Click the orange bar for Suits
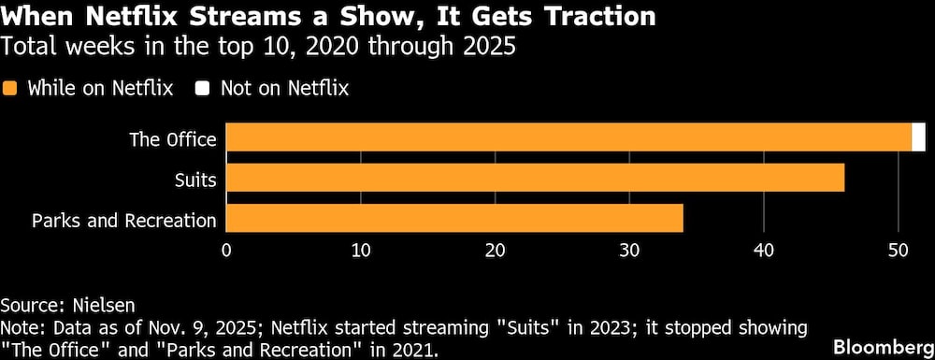pyautogui.click(x=535, y=178)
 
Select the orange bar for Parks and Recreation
pyautogui.click(x=454, y=219)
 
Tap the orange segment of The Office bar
pyautogui.click(x=568, y=137)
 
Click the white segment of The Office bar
pyautogui.click(x=919, y=137)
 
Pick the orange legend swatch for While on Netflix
pyautogui.click(x=11, y=89)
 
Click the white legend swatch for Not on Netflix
pyautogui.click(x=203, y=89)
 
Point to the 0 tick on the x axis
pyautogui.click(x=226, y=251)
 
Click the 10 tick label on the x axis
pyautogui.click(x=361, y=251)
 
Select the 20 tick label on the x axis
pyautogui.click(x=496, y=251)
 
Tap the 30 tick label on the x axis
pyautogui.click(x=629, y=251)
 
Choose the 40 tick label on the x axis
pyautogui.click(x=764, y=251)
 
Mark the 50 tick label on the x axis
pyautogui.click(x=899, y=251)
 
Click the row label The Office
pyautogui.click(x=174, y=139)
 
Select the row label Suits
pyautogui.click(x=195, y=180)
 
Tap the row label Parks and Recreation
pyautogui.click(x=124, y=221)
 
